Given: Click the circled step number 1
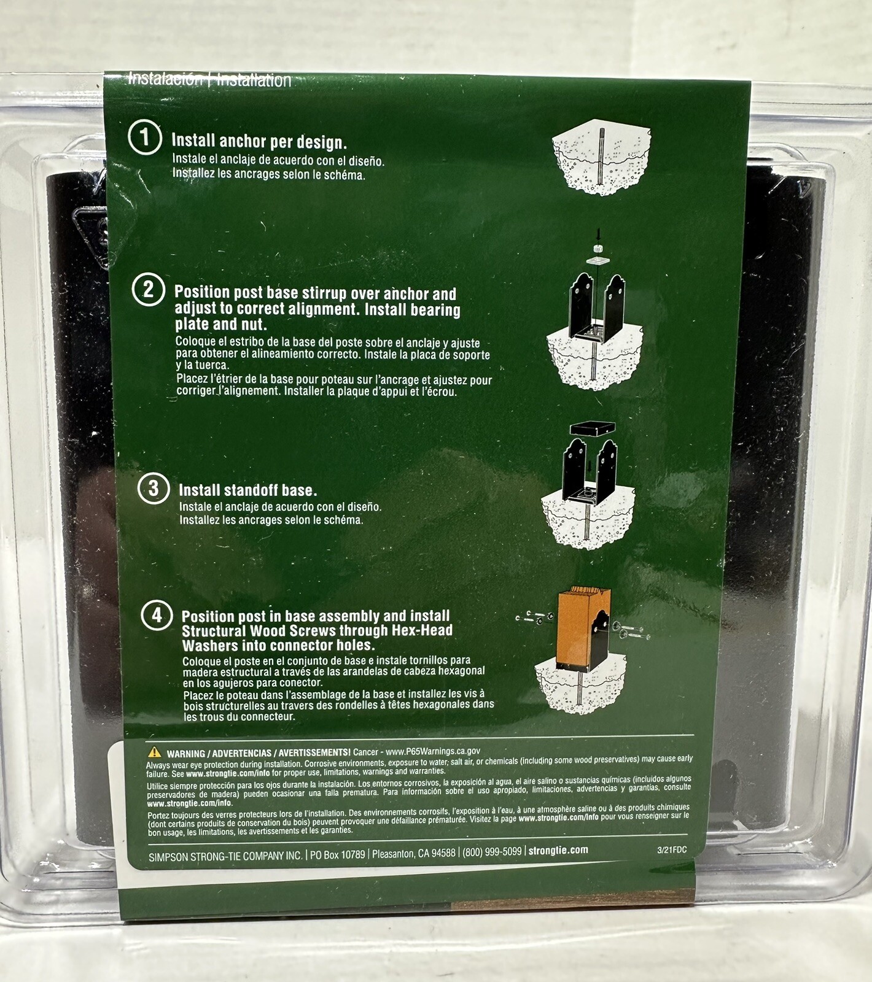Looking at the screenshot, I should tap(145, 137).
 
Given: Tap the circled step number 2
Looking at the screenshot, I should tap(149, 289).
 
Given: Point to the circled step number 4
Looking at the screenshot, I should tap(157, 615).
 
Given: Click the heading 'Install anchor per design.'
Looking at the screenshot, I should tap(259, 142).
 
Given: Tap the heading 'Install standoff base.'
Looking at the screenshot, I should tap(247, 490).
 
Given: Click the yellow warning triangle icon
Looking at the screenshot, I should tap(155, 752).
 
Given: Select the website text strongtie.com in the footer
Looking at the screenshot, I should tap(558, 851).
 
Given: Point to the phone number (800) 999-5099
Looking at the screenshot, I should tap(492, 852).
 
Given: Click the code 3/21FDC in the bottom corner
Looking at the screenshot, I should tap(672, 850).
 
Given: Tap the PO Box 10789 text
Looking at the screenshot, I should tap(337, 854).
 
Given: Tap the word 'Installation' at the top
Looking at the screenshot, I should tap(254, 80).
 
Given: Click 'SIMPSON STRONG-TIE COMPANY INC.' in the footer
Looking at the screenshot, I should tap(225, 856).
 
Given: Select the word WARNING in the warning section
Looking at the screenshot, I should tap(186, 754).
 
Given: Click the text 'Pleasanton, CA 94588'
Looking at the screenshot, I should tap(414, 853).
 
